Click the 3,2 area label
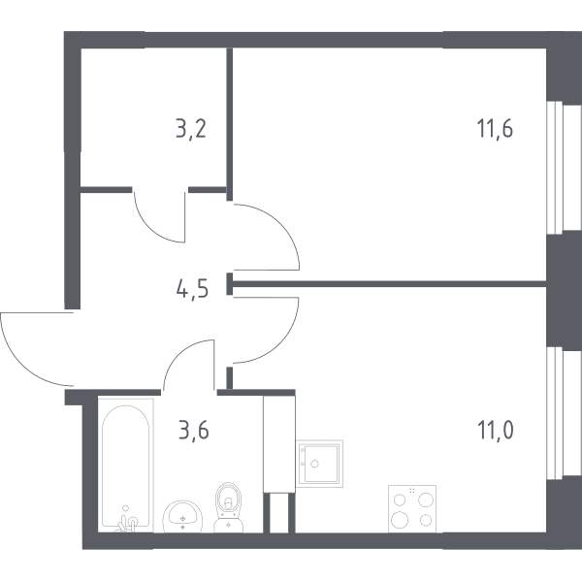pos(191,130)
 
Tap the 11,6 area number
pos(495,129)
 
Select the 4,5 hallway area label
pos(192,289)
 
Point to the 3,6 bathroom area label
pos(194,431)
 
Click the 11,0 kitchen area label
pos(496,431)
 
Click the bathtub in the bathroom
pos(126,466)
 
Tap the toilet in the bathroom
pos(228,507)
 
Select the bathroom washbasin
pos(182,516)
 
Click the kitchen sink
pos(319,464)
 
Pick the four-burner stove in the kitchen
pos(412,509)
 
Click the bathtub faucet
pos(126,520)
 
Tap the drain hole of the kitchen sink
pos(314,464)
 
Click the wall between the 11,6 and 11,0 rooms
pos(388,284)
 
